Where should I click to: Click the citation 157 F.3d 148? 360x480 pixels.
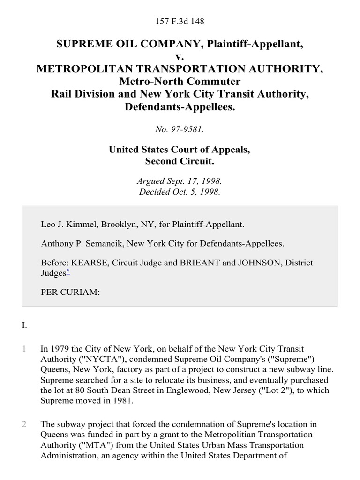(x=180, y=22)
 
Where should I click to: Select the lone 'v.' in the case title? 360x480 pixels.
(x=180, y=57)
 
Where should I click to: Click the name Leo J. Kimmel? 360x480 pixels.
(x=67, y=225)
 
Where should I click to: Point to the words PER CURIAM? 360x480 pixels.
(x=70, y=292)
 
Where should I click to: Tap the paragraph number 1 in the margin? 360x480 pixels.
(x=24, y=349)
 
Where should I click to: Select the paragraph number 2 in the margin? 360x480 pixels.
(x=24, y=424)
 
